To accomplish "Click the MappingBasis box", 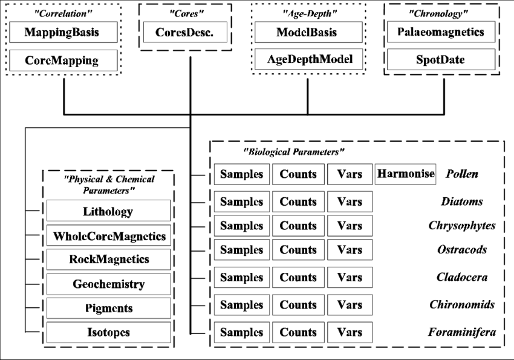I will pos(63,32).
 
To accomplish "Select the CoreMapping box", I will pos(63,61).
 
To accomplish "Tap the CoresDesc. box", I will pos(185,32).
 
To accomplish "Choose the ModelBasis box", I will pos(308,32).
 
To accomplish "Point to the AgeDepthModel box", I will pos(308,59).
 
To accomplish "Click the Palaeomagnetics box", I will pos(441,32).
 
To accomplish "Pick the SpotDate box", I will pos(441,60).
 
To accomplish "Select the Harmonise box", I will pos(405,174).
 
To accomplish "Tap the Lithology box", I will pos(108,211).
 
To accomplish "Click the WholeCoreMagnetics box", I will pos(108,235).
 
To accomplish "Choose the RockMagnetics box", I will pos(108,259).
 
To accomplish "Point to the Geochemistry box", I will pos(108,284).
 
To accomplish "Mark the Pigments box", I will pos(108,308).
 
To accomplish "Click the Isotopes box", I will pos(108,332).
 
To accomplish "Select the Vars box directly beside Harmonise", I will pos(350,174).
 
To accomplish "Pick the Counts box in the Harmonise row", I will pos(298,174).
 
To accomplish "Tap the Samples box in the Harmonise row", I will pos(241,174).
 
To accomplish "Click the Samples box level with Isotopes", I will pos(241,332).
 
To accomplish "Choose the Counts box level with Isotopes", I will pos(298,332).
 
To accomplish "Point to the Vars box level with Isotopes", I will pos(350,332).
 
